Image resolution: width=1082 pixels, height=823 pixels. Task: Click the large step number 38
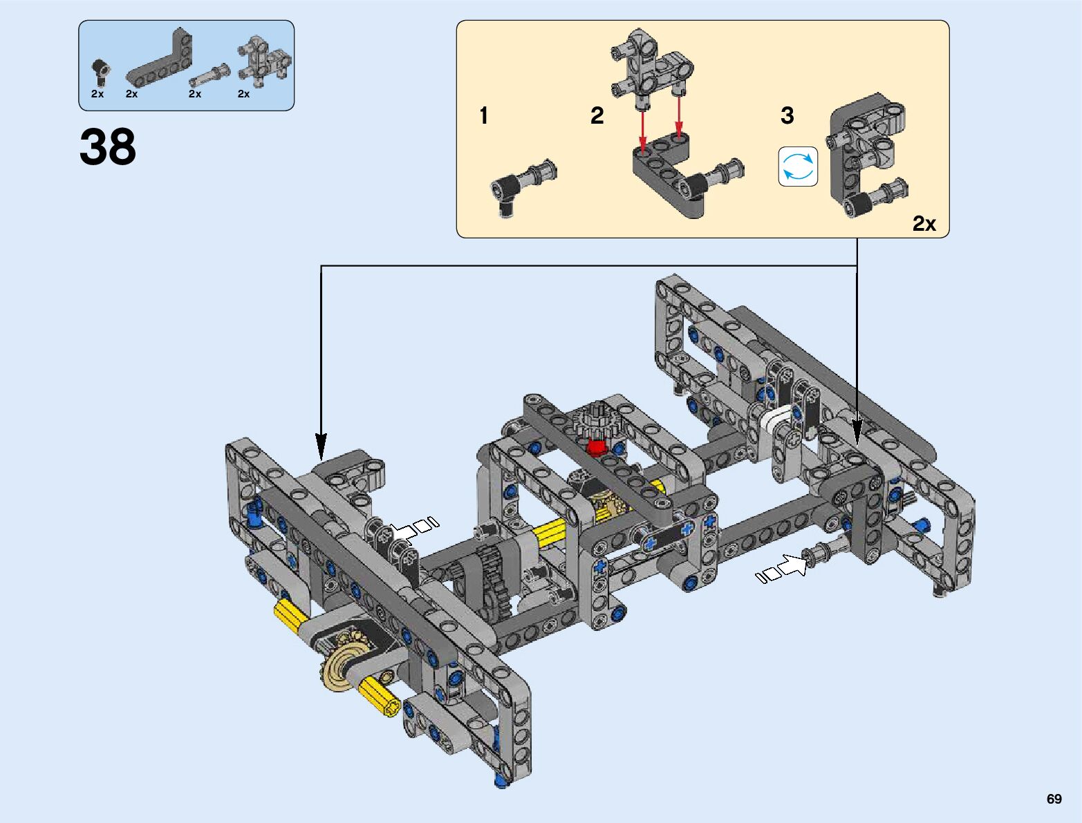[107, 146]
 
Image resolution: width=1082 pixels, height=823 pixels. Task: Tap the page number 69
[1054, 799]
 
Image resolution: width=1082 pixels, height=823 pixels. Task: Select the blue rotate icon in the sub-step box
[798, 167]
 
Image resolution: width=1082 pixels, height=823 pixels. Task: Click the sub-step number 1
[483, 115]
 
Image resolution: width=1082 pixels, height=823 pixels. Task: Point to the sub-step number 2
[597, 115]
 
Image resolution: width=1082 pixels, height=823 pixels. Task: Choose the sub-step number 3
[787, 115]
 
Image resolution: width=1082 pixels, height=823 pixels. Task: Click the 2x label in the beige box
[924, 224]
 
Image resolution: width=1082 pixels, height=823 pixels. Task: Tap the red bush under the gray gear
[597, 448]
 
